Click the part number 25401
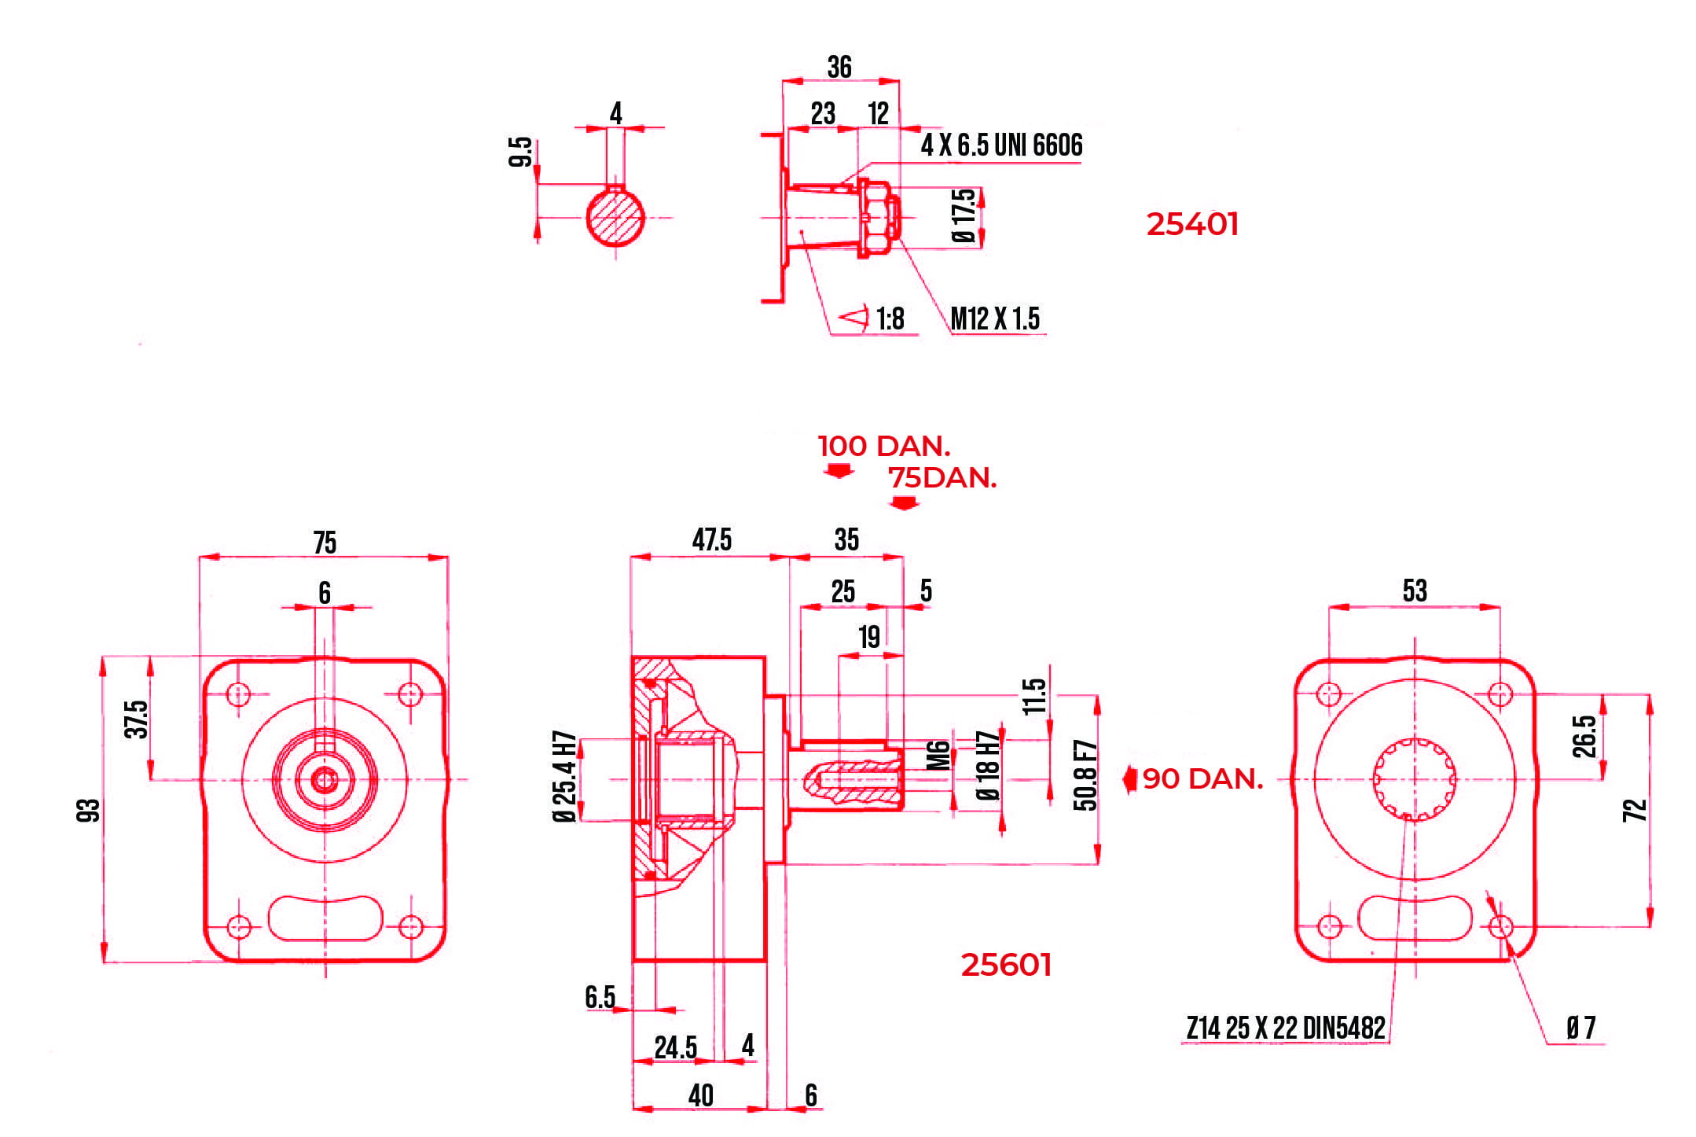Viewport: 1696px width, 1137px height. click(1191, 225)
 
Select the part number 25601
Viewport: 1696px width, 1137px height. click(1005, 966)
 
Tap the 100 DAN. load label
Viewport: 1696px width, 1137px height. click(883, 447)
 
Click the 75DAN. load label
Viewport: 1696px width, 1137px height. click(942, 478)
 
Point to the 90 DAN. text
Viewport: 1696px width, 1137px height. click(1202, 779)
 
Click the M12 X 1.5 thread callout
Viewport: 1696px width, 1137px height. click(994, 319)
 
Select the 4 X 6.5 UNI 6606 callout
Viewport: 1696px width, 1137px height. click(1000, 145)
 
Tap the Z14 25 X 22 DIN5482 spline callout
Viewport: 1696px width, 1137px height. click(1285, 1028)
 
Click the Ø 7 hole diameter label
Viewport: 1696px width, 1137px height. click(1580, 1028)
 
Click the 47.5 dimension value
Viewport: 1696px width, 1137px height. click(711, 540)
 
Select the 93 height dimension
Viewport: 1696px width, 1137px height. click(88, 810)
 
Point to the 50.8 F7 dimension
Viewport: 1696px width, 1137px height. click(1085, 775)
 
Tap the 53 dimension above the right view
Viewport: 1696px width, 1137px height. click(1414, 591)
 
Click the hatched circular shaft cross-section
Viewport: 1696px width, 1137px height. click(615, 218)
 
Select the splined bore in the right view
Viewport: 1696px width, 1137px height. click(1414, 779)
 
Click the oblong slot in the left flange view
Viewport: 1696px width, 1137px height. click(325, 918)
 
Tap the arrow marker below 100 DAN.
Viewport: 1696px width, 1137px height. click(839, 471)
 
